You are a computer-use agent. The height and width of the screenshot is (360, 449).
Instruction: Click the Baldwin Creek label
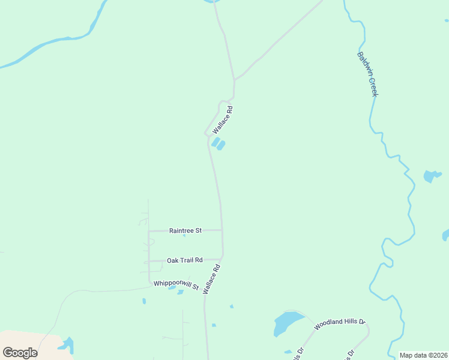(x=367, y=74)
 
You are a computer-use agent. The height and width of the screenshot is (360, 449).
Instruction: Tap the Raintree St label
(x=185, y=230)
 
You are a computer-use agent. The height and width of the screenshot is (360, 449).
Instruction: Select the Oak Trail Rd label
(x=185, y=260)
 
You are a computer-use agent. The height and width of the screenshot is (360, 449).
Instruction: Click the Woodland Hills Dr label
(x=339, y=322)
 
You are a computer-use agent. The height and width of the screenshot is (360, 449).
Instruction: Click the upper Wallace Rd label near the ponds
(x=222, y=120)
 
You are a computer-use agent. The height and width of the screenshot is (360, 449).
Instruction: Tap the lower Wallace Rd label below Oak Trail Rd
(x=212, y=280)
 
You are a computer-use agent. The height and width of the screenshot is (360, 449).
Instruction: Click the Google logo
(x=20, y=352)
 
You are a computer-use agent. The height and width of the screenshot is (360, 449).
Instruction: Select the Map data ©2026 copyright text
(x=424, y=355)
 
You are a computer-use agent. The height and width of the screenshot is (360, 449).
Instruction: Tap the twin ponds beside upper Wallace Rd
(x=218, y=144)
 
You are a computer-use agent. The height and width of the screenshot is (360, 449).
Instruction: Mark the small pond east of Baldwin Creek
(x=430, y=176)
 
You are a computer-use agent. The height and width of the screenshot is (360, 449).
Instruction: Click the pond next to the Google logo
(x=66, y=346)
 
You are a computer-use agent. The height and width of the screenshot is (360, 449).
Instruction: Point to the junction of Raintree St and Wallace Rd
(x=222, y=230)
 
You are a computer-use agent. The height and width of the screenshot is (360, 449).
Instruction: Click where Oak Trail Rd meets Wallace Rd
(x=223, y=259)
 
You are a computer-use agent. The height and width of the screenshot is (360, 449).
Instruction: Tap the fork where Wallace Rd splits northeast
(x=234, y=80)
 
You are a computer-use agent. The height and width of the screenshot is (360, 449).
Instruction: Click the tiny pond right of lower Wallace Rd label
(x=231, y=307)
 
